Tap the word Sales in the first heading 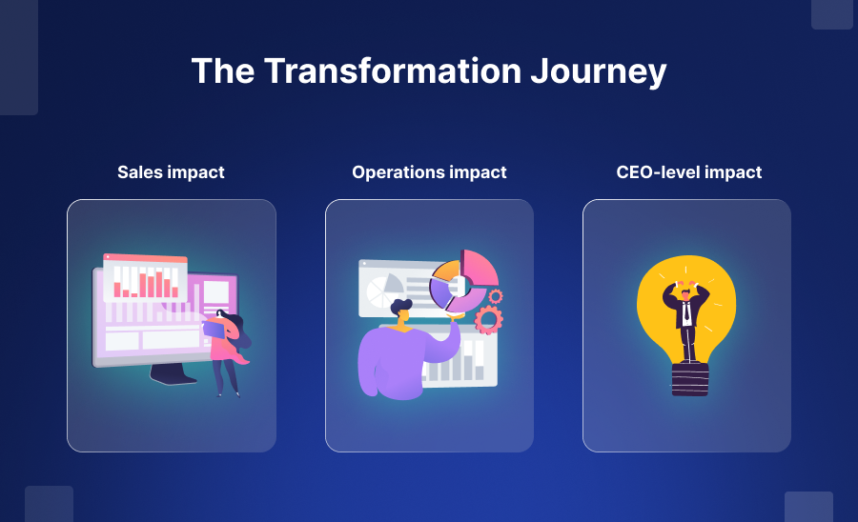140,172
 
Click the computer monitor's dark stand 173,374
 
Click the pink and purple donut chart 463,282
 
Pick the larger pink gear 487,318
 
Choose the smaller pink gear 495,296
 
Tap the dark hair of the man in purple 401,308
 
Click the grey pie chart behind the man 385,285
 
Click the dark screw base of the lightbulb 689,378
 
